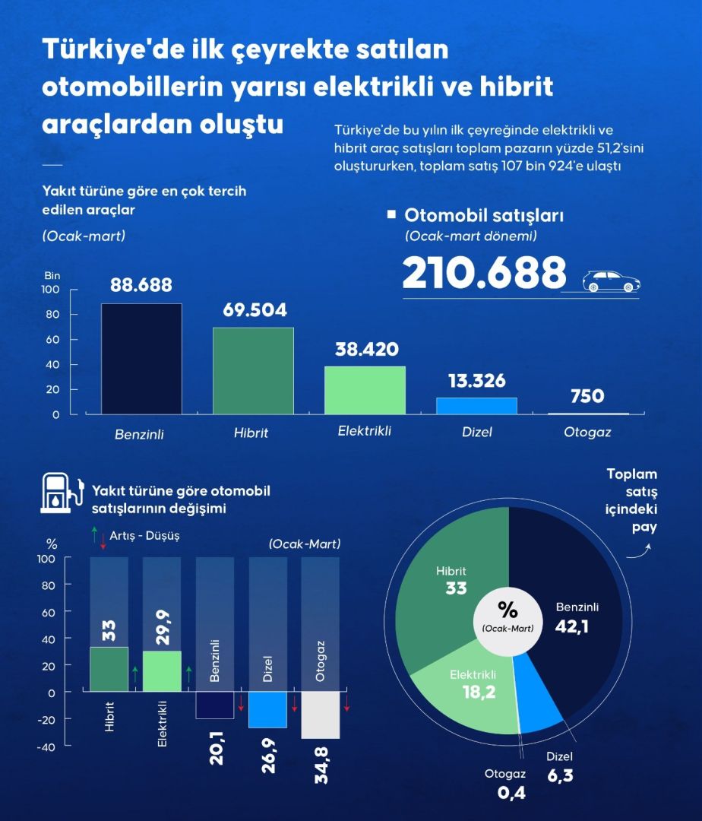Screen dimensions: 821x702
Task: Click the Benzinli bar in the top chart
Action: (141, 359)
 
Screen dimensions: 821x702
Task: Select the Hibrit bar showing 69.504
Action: (253, 370)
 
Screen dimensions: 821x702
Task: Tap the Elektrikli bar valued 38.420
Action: (365, 390)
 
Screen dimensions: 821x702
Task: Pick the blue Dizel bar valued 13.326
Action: (476, 406)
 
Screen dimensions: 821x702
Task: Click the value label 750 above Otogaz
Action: (587, 396)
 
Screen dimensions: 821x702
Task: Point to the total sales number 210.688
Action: (484, 273)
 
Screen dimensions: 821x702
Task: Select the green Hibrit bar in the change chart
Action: (109, 669)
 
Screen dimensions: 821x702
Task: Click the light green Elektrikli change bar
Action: (162, 671)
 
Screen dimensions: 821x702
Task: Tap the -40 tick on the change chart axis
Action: (47, 747)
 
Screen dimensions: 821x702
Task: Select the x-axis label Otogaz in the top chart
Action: (587, 433)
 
